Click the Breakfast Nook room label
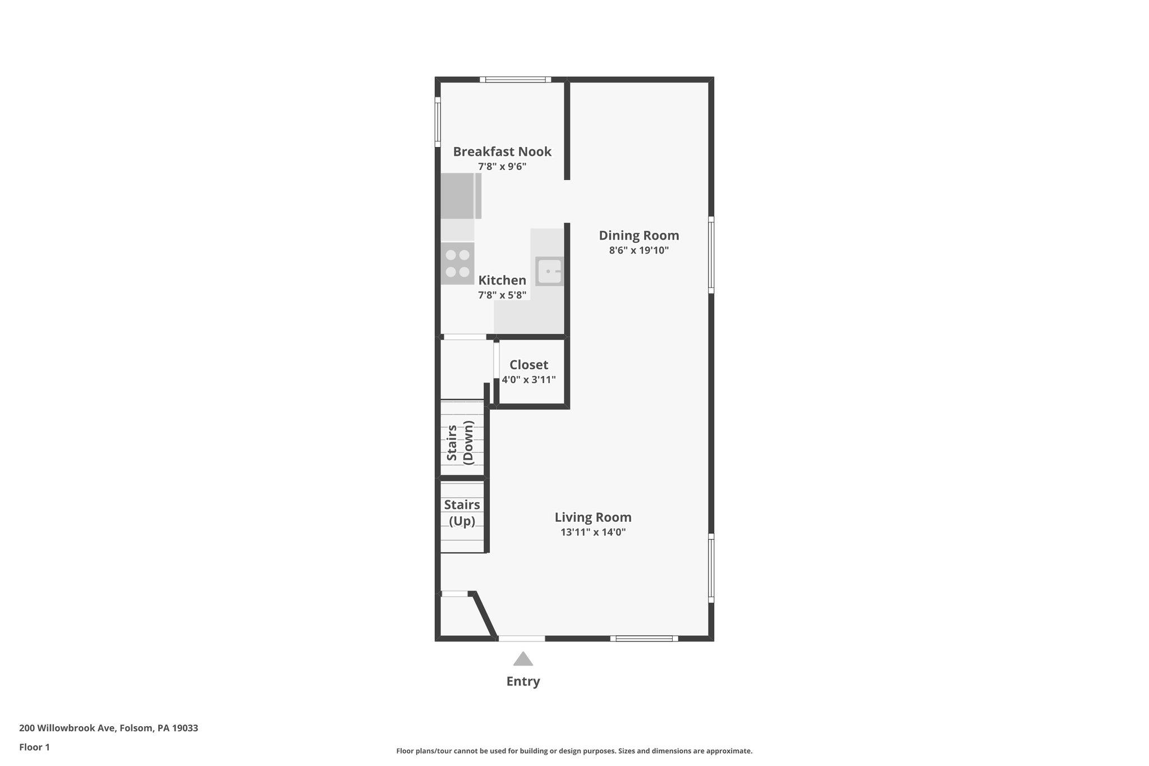502,152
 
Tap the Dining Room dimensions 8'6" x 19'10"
639,250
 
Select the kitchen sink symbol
549,272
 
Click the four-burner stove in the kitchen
457,263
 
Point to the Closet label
528,365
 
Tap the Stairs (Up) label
462,513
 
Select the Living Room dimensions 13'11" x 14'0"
593,532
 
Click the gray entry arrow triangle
523,659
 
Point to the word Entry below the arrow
523,681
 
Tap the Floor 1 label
34,747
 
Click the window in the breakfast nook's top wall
516,80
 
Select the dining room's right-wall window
711,255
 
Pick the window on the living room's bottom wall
644,639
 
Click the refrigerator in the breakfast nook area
460,196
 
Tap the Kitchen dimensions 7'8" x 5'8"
502,295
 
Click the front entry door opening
522,639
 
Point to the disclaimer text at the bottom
574,751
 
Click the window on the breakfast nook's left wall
438,122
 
